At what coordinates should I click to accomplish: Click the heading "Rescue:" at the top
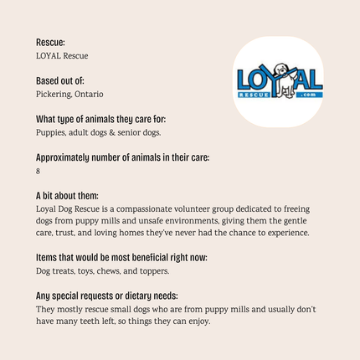pyautogui.click(x=50, y=41)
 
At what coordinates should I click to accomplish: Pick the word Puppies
pyautogui.click(x=50, y=132)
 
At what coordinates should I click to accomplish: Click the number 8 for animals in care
pyautogui.click(x=39, y=171)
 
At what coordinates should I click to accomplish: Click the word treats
pyautogui.click(x=64, y=271)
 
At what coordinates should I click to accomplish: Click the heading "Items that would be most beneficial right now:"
pyautogui.click(x=121, y=257)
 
